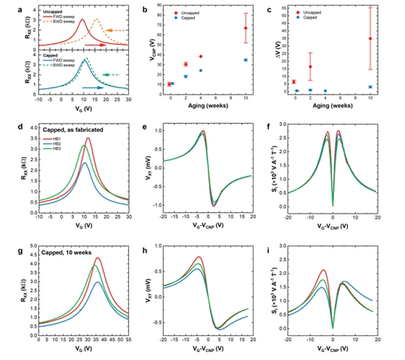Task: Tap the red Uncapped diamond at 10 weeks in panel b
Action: (246, 28)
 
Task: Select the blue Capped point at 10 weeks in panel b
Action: (246, 60)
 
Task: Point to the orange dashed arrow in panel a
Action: (117, 30)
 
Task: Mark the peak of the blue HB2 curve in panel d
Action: (85, 163)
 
